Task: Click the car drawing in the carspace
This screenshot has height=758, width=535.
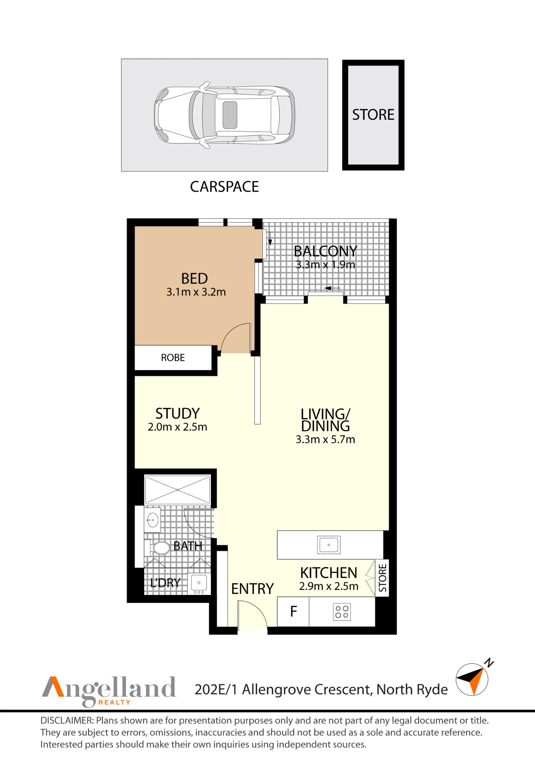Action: point(224,115)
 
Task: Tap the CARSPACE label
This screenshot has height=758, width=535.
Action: point(224,186)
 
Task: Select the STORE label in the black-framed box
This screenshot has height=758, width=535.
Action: point(373,114)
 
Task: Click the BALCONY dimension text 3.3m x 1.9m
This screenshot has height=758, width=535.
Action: point(325,265)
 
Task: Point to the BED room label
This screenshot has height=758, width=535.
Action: point(194,279)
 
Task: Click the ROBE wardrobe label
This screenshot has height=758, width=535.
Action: point(173,358)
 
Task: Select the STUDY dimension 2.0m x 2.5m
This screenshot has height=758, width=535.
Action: point(177,427)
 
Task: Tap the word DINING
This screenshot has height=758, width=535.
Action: point(325,426)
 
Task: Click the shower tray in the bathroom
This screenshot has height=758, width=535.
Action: point(177,490)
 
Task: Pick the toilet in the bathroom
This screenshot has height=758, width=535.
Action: point(158,548)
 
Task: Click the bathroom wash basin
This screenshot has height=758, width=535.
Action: point(152,520)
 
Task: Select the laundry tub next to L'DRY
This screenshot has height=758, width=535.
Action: point(199,584)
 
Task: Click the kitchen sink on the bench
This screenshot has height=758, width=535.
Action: point(329,545)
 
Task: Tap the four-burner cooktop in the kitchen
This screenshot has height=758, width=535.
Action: point(342,612)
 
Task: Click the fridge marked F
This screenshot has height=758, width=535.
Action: point(293,612)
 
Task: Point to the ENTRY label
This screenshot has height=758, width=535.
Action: point(252,589)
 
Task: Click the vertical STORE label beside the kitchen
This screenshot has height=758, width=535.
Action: point(382,578)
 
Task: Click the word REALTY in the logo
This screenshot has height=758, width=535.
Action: point(114,702)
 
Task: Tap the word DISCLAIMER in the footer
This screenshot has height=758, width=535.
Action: point(67,720)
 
